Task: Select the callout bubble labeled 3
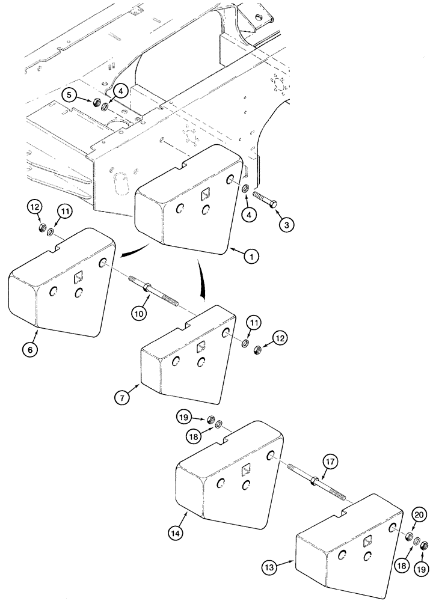287,225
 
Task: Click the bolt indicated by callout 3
264,199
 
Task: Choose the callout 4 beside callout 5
120,91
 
